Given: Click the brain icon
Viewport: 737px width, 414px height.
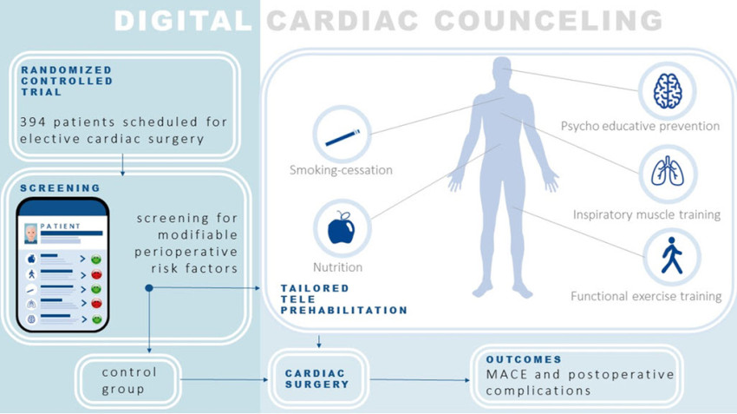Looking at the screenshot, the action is pyautogui.click(x=668, y=91).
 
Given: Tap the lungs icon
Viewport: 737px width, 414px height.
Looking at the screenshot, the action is pyautogui.click(x=668, y=171).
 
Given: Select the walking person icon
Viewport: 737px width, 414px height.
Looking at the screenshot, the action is pyautogui.click(x=672, y=255).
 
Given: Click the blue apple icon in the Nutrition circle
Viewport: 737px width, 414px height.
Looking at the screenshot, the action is pyautogui.click(x=342, y=228).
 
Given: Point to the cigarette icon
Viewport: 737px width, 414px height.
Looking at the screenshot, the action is pyautogui.click(x=342, y=137).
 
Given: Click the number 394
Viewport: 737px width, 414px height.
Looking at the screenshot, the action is pyautogui.click(x=33, y=122).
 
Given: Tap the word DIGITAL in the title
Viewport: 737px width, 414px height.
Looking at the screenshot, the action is pyautogui.click(x=183, y=21).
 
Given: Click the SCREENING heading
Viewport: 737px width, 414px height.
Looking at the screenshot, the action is pyautogui.click(x=60, y=188).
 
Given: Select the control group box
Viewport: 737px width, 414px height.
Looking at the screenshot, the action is pyautogui.click(x=127, y=381).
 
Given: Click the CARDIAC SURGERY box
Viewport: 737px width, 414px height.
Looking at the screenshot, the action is pyautogui.click(x=318, y=378).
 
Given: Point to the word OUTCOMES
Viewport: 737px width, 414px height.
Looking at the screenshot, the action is pyautogui.click(x=524, y=359).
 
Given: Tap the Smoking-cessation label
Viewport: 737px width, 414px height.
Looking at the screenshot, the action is pyautogui.click(x=341, y=170).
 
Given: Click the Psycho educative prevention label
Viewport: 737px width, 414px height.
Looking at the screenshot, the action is pyautogui.click(x=640, y=126).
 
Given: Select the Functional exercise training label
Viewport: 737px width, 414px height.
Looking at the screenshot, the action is pyautogui.click(x=646, y=296).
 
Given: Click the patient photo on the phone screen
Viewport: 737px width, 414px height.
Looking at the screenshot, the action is pyautogui.click(x=31, y=233).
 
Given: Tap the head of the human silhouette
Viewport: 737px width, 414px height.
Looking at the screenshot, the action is pyautogui.click(x=502, y=70).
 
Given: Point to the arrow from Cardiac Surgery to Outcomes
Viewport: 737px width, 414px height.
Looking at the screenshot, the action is pyautogui.click(x=420, y=379).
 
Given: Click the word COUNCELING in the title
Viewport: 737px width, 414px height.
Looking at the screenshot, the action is pyautogui.click(x=549, y=21).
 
